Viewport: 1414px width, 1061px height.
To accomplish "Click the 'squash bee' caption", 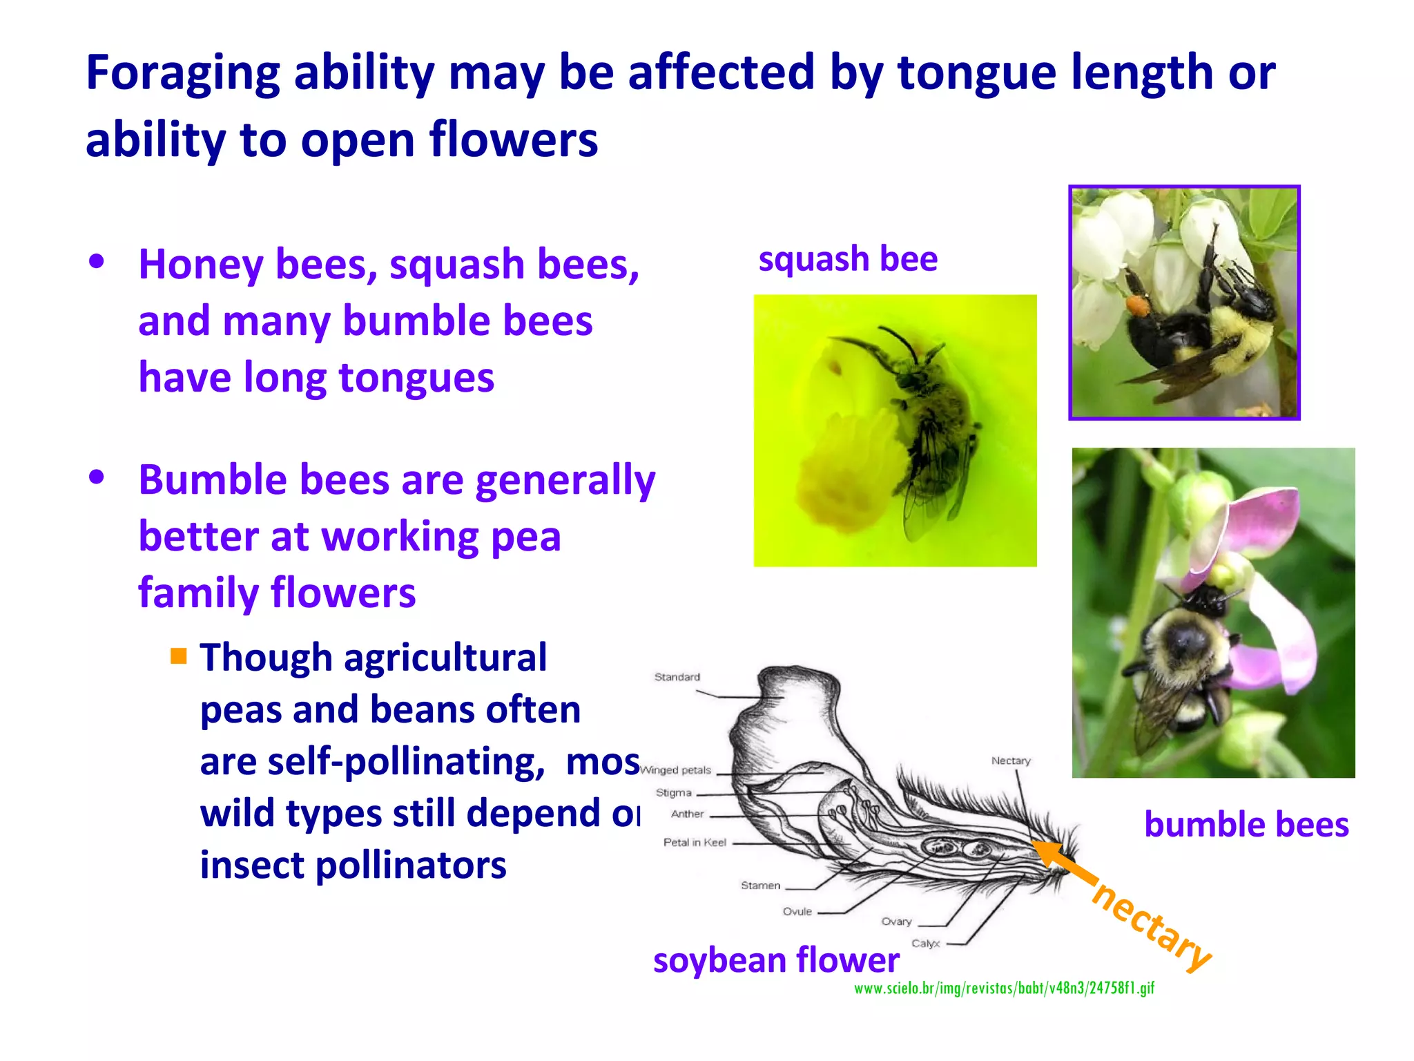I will [848, 260].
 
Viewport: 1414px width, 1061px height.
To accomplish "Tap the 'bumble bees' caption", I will [1246, 825].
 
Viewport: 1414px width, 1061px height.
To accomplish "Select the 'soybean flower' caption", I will [776, 960].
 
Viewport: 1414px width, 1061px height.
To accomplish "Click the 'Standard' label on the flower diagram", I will [677, 677].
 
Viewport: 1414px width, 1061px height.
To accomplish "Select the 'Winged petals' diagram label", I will [676, 770].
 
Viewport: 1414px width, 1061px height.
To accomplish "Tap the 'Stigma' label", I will [673, 793].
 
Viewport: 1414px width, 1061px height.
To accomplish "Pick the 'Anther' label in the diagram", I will [687, 814].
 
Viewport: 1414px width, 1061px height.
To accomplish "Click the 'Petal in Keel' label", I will [695, 843].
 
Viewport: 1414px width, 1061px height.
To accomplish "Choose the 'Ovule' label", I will [797, 912].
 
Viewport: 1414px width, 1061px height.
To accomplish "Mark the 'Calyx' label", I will [925, 944].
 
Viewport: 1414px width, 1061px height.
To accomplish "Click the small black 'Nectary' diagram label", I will [1010, 761].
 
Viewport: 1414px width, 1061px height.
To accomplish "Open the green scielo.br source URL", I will [1004, 988].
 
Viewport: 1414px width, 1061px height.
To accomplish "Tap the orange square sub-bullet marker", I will [179, 656].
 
